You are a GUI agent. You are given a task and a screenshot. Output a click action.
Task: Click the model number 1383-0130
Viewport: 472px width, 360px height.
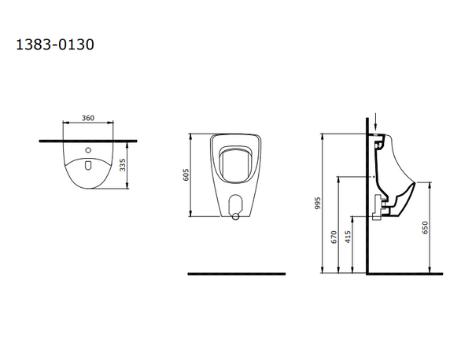[x=55, y=45]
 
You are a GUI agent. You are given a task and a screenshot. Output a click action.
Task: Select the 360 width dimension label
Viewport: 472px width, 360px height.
[x=88, y=118]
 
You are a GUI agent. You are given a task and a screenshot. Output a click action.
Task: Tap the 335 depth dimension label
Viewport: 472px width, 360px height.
[x=123, y=165]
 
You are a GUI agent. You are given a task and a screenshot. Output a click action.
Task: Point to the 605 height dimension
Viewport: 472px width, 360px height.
[x=186, y=174]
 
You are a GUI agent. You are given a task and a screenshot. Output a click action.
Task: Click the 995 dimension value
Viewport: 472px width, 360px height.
[x=318, y=204]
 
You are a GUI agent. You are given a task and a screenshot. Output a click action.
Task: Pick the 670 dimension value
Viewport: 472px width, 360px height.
[x=334, y=237]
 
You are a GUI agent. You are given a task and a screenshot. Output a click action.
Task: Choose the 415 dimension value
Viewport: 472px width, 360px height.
[x=348, y=237]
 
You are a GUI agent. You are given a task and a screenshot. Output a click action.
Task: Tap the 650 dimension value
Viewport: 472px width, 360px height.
[x=425, y=228]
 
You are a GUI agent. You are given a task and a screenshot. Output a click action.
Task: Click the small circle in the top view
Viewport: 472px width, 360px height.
[x=88, y=150]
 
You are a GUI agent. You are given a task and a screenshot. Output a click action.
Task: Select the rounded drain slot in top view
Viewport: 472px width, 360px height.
[x=88, y=165]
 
